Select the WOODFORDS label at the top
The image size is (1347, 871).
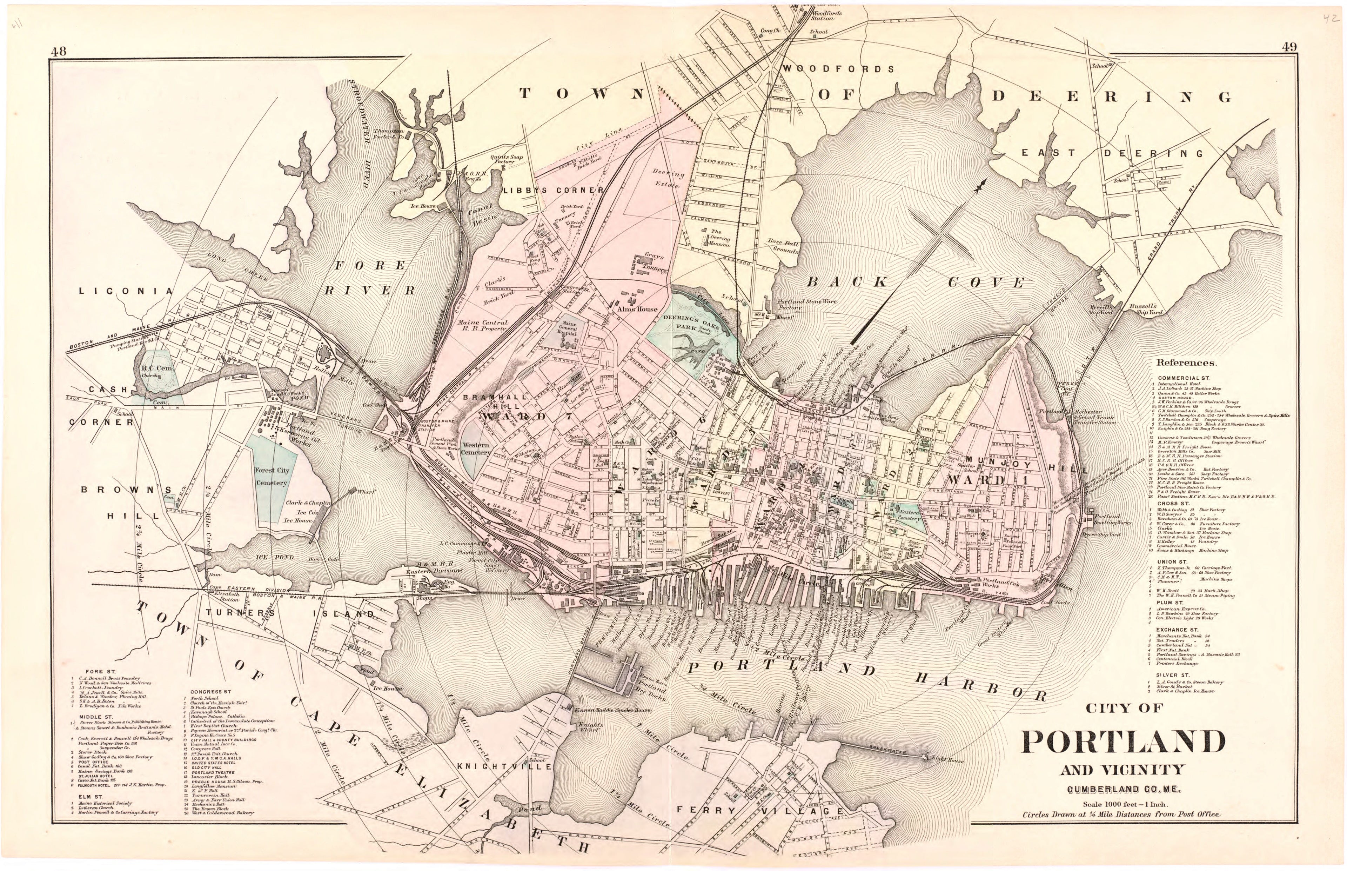pyautogui.click(x=838, y=69)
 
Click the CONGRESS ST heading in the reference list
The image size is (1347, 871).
pyautogui.click(x=210, y=692)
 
